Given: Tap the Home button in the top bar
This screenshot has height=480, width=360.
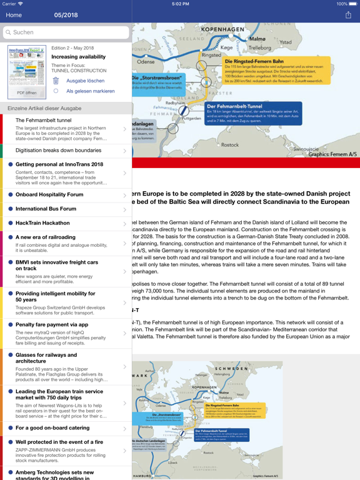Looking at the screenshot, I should click(14, 15).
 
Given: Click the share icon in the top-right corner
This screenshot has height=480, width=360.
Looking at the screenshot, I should click(348, 15).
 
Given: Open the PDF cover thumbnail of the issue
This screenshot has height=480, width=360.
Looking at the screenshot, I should click(26, 71).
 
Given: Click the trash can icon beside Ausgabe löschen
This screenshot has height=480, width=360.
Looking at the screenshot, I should click(56, 81).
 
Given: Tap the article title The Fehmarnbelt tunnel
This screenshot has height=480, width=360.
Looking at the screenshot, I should click(44, 120).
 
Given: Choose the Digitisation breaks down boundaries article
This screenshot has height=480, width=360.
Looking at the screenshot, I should click(58, 151).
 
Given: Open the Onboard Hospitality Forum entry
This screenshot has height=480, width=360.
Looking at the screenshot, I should click(49, 194).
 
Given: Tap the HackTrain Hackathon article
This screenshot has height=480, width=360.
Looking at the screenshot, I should click(42, 223).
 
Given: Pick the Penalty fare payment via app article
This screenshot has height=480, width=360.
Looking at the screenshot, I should click(52, 325).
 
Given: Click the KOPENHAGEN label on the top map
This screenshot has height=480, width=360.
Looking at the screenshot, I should click(222, 29).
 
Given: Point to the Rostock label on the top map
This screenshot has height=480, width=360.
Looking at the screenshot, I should click(230, 144).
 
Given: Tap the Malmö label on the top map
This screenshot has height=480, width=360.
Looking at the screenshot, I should click(257, 39).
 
